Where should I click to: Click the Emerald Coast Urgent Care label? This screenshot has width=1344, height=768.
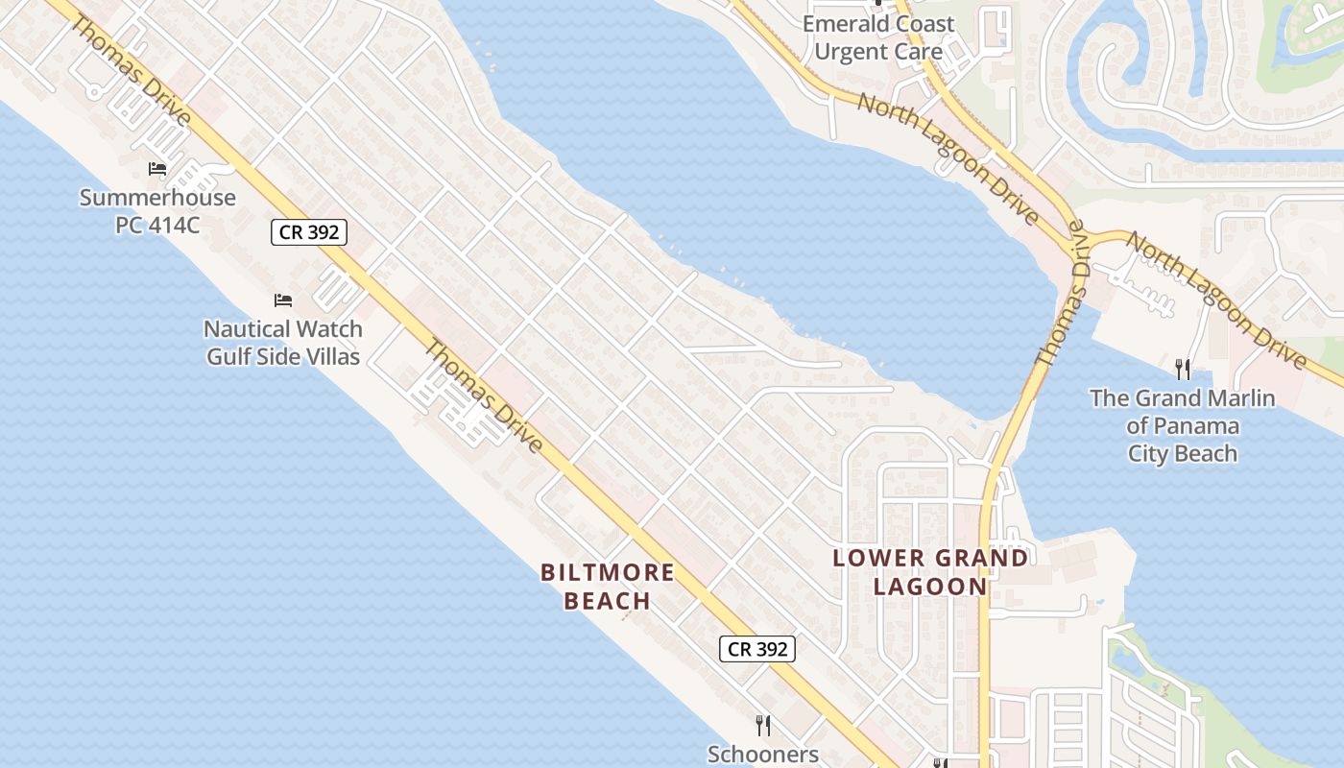point(878,37)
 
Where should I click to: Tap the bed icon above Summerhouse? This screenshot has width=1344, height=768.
point(157,170)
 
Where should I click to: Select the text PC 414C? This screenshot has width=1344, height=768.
point(157,226)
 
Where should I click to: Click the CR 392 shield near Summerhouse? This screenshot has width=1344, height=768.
point(308,232)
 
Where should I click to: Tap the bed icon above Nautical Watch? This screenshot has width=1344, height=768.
point(282,301)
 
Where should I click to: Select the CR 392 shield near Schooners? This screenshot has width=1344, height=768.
point(757,649)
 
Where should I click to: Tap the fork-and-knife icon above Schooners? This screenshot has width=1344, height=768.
point(763,725)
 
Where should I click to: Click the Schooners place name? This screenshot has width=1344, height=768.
point(763,755)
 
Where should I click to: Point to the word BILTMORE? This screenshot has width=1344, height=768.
point(607,573)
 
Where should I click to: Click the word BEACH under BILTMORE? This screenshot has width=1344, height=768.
point(607,602)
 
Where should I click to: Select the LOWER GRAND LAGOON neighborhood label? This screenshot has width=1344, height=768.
point(929,571)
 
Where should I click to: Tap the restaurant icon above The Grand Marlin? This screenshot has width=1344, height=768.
point(1183,369)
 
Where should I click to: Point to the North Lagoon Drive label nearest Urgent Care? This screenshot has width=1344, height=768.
point(948,158)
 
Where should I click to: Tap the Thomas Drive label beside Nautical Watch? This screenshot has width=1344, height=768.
point(484,396)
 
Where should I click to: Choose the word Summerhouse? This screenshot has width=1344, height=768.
point(157,199)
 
